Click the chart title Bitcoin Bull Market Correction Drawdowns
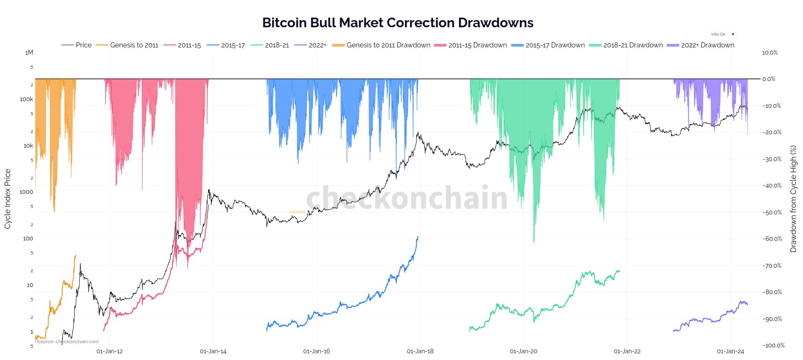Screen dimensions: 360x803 [x=398, y=23]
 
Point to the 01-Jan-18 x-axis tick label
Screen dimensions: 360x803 [x=420, y=351]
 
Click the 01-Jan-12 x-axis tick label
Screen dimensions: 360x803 [x=109, y=351]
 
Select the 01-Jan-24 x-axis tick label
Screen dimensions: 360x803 [x=730, y=351]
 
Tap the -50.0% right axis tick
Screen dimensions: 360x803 [x=772, y=212]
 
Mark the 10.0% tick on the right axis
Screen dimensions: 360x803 [x=770, y=52]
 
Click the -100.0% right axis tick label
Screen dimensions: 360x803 [x=773, y=345]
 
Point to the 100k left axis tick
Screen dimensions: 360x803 [x=26, y=99]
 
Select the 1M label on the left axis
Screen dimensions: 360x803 [x=29, y=52]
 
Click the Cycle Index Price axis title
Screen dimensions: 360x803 [x=8, y=199]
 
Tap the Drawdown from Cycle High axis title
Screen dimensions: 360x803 [x=793, y=199]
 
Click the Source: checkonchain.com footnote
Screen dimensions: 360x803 [x=68, y=342]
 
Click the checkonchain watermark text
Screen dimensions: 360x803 [x=407, y=197]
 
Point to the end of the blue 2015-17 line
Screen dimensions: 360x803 [x=418, y=237]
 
